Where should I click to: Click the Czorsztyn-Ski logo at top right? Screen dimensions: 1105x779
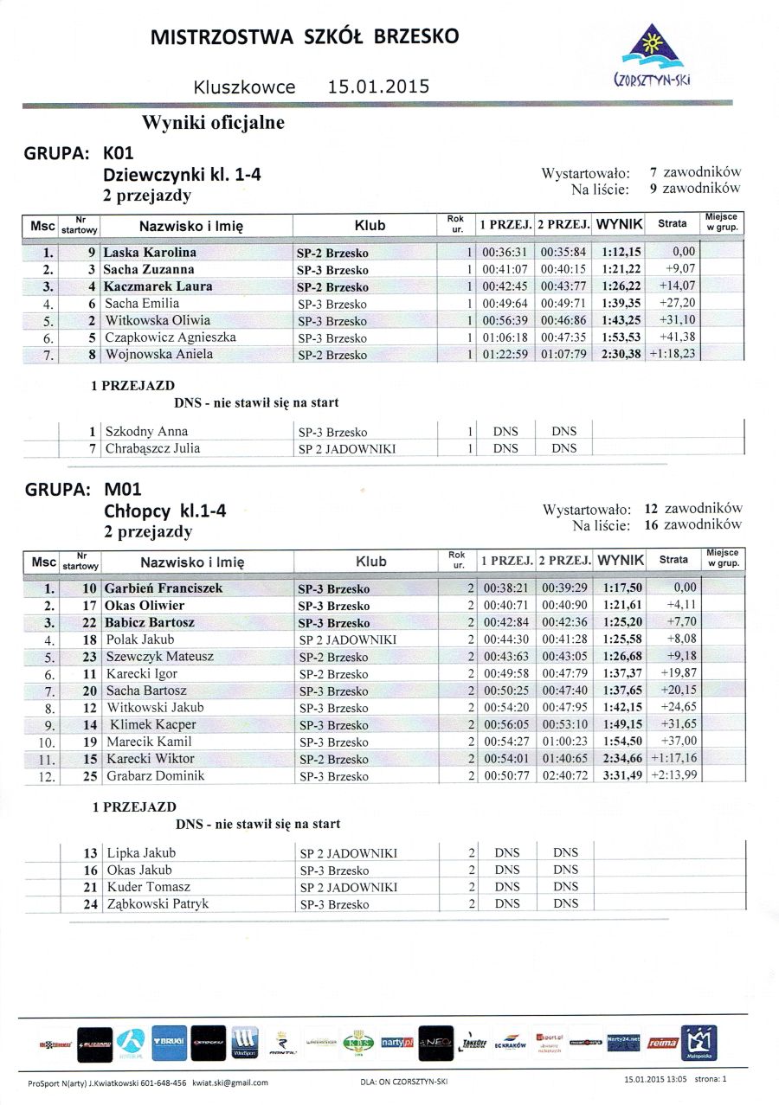pos(655,57)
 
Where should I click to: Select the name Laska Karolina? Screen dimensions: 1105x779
pos(150,253)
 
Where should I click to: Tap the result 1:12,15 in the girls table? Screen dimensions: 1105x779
pos(621,253)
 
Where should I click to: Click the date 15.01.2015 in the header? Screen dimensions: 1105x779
pos(378,87)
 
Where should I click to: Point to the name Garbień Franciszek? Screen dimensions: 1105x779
pos(164,588)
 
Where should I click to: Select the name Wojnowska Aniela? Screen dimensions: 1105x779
pos(159,354)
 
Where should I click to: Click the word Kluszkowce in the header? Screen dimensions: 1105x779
pos(245,87)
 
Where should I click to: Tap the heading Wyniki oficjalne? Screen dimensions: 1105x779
pos(213,123)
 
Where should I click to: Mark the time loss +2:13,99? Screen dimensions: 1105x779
pos(673,776)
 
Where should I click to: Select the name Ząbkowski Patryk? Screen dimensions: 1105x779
pos(158,903)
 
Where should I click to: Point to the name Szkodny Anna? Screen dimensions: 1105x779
pos(146,431)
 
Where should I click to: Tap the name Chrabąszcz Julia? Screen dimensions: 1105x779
pos(152,447)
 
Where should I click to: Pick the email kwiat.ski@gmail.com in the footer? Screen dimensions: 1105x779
pos(229,1083)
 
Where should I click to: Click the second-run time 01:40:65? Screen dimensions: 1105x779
pos(563,759)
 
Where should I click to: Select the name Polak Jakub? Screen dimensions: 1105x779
pos(140,639)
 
